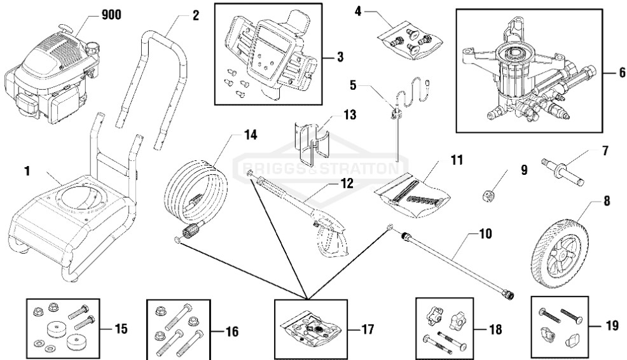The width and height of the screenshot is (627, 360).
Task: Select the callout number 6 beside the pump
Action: coord(622,73)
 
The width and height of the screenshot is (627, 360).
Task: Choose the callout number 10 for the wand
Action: coord(485,234)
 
